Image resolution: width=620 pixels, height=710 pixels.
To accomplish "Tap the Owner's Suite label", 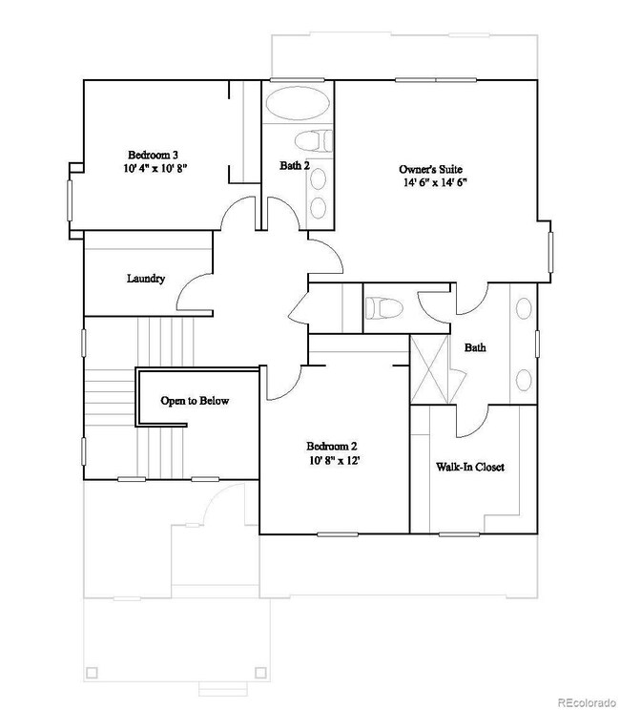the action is pyautogui.click(x=430, y=169).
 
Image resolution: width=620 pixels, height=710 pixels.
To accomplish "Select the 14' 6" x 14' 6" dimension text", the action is pyautogui.click(x=435, y=182).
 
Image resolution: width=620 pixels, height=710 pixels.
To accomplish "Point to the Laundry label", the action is pyautogui.click(x=146, y=279).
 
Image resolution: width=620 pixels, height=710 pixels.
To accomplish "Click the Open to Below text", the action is pyautogui.click(x=195, y=401).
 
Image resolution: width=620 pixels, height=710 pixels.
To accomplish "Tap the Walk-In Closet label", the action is pyautogui.click(x=469, y=467).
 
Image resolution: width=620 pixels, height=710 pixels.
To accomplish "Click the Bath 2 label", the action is pyautogui.click(x=295, y=166).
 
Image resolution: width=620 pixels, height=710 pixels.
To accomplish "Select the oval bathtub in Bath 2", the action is pyautogui.click(x=298, y=103).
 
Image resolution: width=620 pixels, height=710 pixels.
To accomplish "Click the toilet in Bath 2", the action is pyautogui.click(x=313, y=140).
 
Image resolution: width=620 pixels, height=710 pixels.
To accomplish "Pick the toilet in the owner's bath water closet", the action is pyautogui.click(x=383, y=308).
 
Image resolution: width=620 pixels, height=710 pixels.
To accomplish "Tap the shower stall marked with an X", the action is pyautogui.click(x=428, y=369).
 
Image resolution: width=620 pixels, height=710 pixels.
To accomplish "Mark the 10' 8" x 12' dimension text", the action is pyautogui.click(x=335, y=461).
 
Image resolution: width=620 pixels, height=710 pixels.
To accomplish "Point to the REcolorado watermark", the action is pyautogui.click(x=587, y=702).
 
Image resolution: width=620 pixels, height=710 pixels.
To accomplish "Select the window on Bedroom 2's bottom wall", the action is pyautogui.click(x=337, y=534).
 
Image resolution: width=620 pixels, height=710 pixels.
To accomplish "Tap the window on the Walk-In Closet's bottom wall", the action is pyautogui.click(x=459, y=534).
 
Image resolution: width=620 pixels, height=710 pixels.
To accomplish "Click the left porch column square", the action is pyautogui.click(x=92, y=672).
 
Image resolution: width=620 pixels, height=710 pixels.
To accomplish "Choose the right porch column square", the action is pyautogui.click(x=260, y=672).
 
